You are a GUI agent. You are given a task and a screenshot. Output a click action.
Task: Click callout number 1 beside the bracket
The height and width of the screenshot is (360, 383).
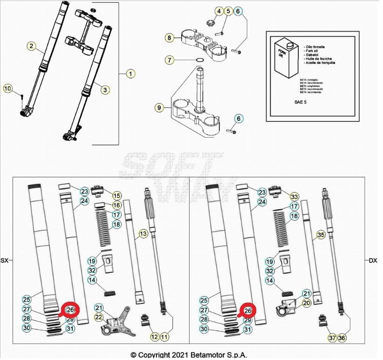click(x=131, y=74)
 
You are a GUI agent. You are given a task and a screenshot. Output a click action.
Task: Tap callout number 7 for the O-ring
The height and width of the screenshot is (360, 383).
click(x=170, y=60)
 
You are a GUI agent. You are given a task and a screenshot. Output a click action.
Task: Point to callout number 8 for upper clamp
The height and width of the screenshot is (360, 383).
click(x=170, y=37)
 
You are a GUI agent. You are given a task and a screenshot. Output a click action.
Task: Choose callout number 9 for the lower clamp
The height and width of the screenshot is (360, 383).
click(x=159, y=108)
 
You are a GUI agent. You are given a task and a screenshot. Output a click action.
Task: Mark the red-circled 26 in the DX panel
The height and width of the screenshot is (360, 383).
click(x=248, y=309)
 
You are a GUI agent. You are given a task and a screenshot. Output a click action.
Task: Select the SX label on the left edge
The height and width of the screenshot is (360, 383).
click(x=5, y=260)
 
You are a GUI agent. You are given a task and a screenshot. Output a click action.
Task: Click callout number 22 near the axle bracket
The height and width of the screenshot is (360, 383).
click(x=99, y=317)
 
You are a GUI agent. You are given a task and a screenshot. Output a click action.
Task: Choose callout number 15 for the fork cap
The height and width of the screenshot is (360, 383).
click(x=116, y=195)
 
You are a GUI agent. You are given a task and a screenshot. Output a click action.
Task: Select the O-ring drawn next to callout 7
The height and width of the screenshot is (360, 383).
click(x=199, y=60)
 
